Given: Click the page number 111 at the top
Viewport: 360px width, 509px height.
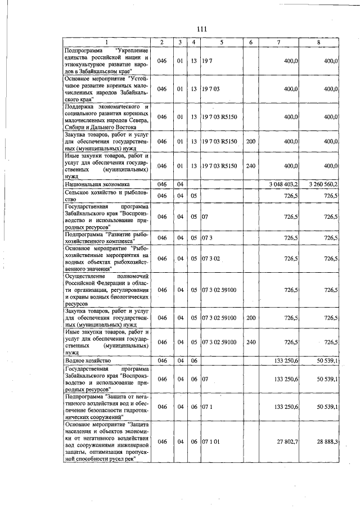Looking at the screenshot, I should [202, 30].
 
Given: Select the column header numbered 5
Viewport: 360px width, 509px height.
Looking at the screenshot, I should [222, 43].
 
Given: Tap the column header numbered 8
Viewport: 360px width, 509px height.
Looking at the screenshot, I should [318, 43].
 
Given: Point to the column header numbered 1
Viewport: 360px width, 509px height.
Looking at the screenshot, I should [105, 43].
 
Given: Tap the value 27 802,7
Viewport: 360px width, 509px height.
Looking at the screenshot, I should [287, 442].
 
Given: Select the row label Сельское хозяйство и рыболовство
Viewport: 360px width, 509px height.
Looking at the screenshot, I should [105, 195].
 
